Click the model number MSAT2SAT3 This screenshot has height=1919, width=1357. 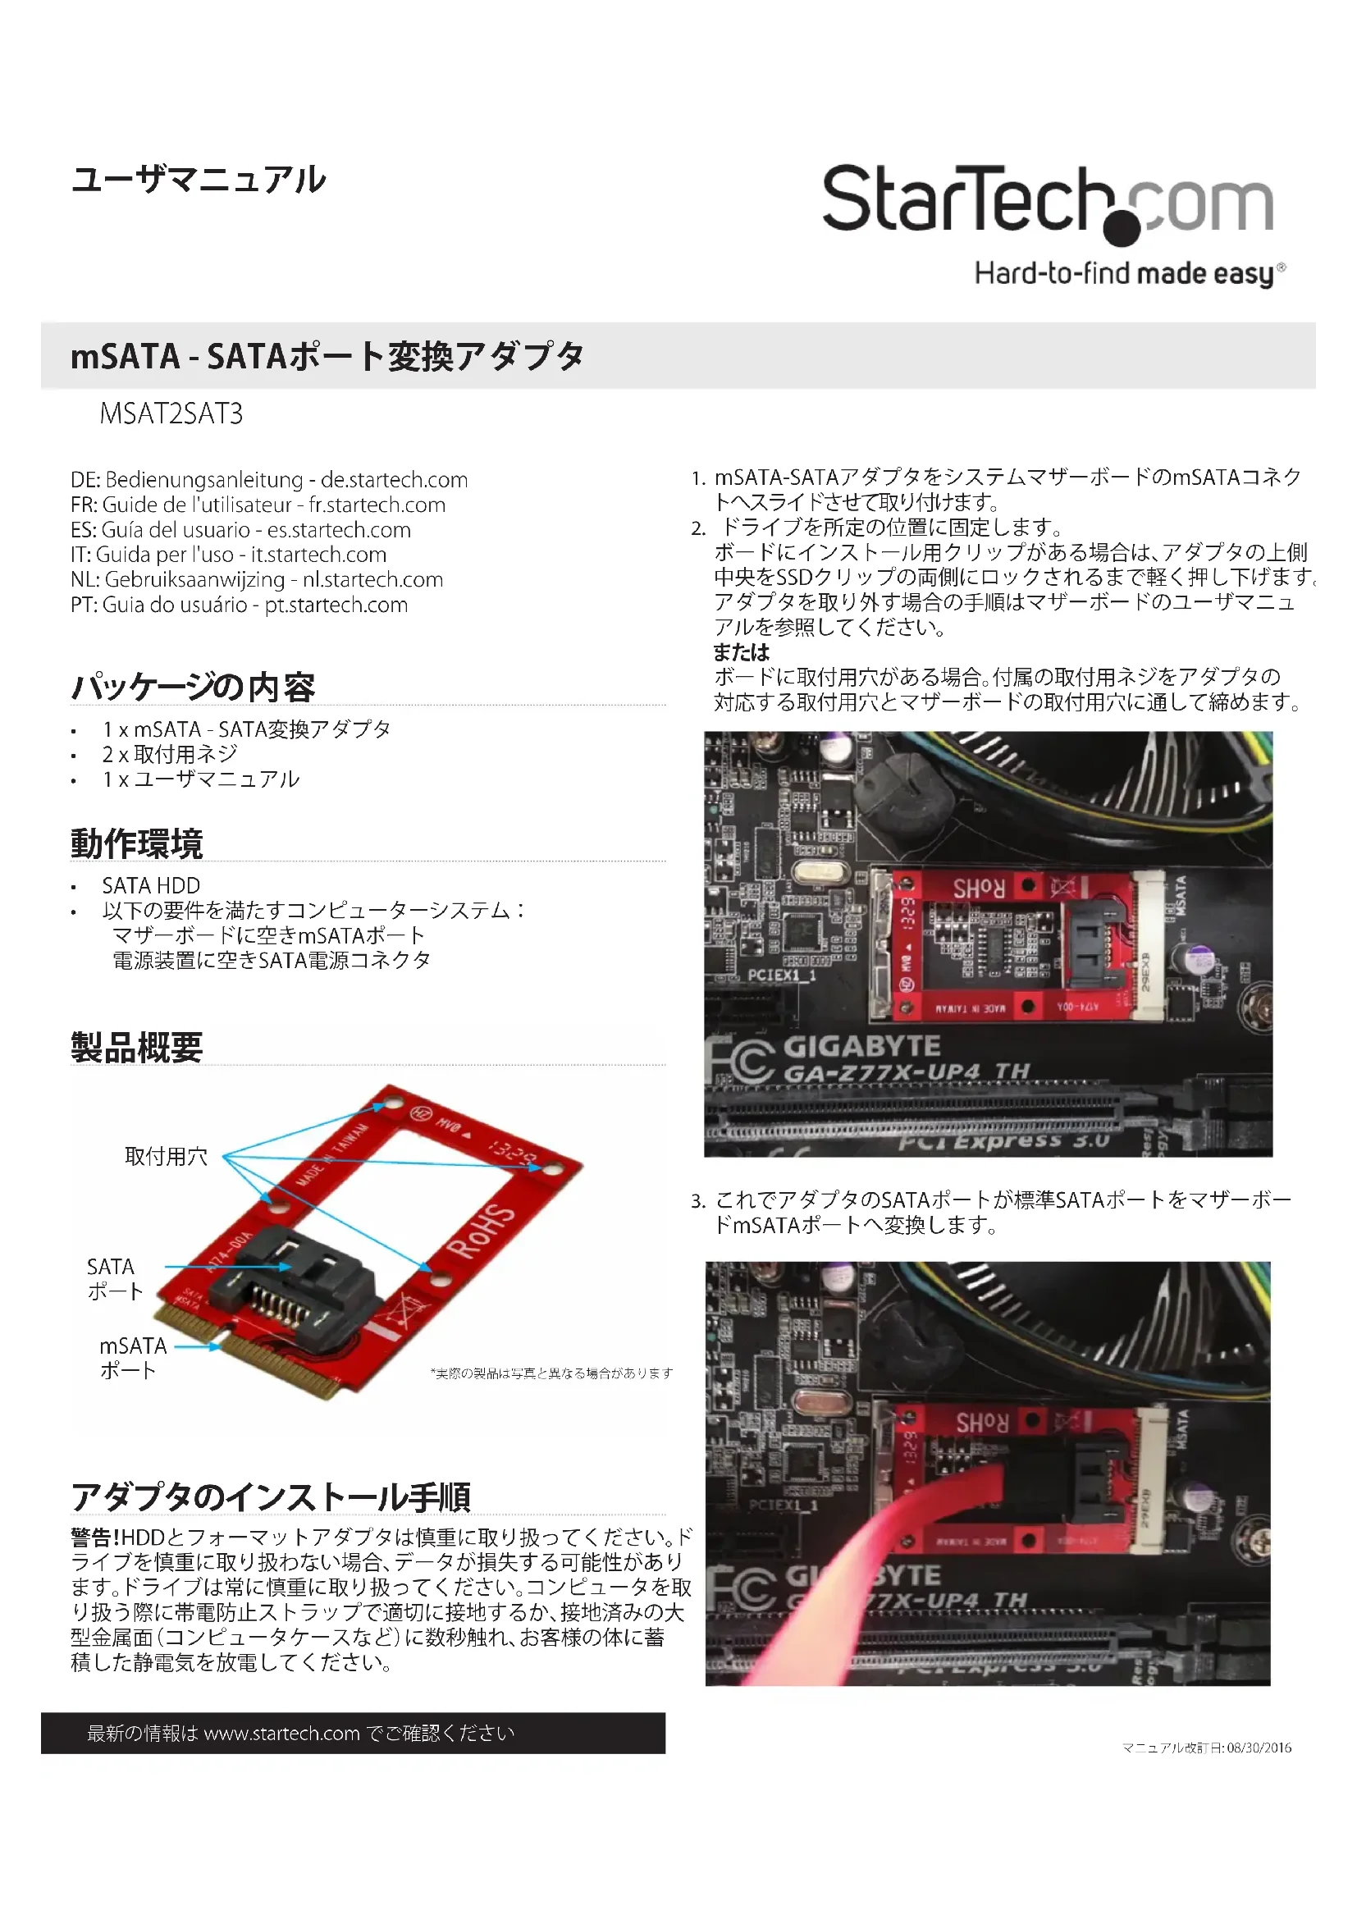tap(171, 413)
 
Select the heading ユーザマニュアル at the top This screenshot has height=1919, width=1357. tap(198, 180)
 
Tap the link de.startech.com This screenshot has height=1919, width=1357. tap(395, 480)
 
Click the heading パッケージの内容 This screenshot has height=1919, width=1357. tap(193, 687)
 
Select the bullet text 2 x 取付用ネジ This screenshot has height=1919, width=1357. tap(170, 754)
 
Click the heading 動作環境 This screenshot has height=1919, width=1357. tap(137, 843)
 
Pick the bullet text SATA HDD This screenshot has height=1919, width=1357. tap(151, 885)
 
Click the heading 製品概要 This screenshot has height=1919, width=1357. tap(137, 1047)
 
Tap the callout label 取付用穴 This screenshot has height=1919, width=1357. tap(167, 1156)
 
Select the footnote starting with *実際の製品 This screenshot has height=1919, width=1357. tap(551, 1373)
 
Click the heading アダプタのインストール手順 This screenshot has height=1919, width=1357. tap(271, 1496)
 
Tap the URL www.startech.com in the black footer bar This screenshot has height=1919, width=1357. tap(281, 1734)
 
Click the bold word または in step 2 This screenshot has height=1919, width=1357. tap(741, 652)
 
